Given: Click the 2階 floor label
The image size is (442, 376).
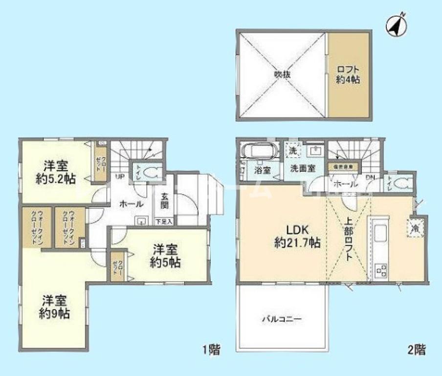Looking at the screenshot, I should [417, 350].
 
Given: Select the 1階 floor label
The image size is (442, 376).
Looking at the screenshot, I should [211, 350].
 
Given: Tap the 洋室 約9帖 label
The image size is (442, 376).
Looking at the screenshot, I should [54, 306].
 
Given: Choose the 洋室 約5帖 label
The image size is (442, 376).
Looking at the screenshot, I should [165, 256].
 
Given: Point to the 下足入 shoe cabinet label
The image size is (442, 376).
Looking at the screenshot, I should [164, 222].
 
